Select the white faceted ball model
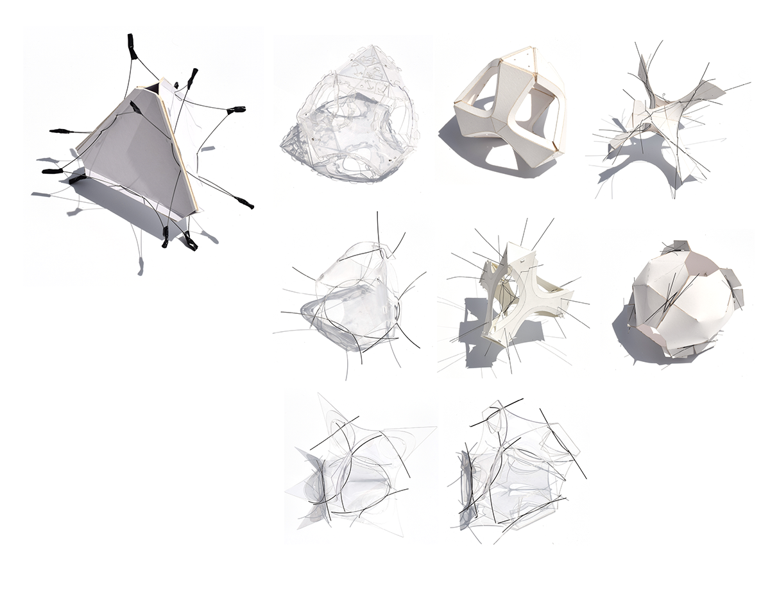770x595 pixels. (x=677, y=298)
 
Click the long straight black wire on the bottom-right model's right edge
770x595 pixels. (x=563, y=443)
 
